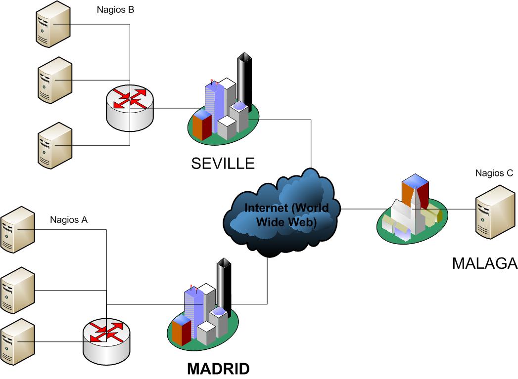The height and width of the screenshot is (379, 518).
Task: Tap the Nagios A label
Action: coord(69,220)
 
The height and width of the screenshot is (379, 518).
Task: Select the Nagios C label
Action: coord(494,173)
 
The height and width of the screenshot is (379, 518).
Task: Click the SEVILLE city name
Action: coord(223,163)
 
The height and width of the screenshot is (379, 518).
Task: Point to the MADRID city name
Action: coord(218,369)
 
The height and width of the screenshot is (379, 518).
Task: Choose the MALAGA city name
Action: coord(484,263)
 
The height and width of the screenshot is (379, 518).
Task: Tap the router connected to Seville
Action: coord(130,105)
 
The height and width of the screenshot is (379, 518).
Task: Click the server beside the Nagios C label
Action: coord(495,211)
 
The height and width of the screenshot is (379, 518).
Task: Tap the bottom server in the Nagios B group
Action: coord(54,146)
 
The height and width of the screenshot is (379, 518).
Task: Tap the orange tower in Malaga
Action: coord(415,190)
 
